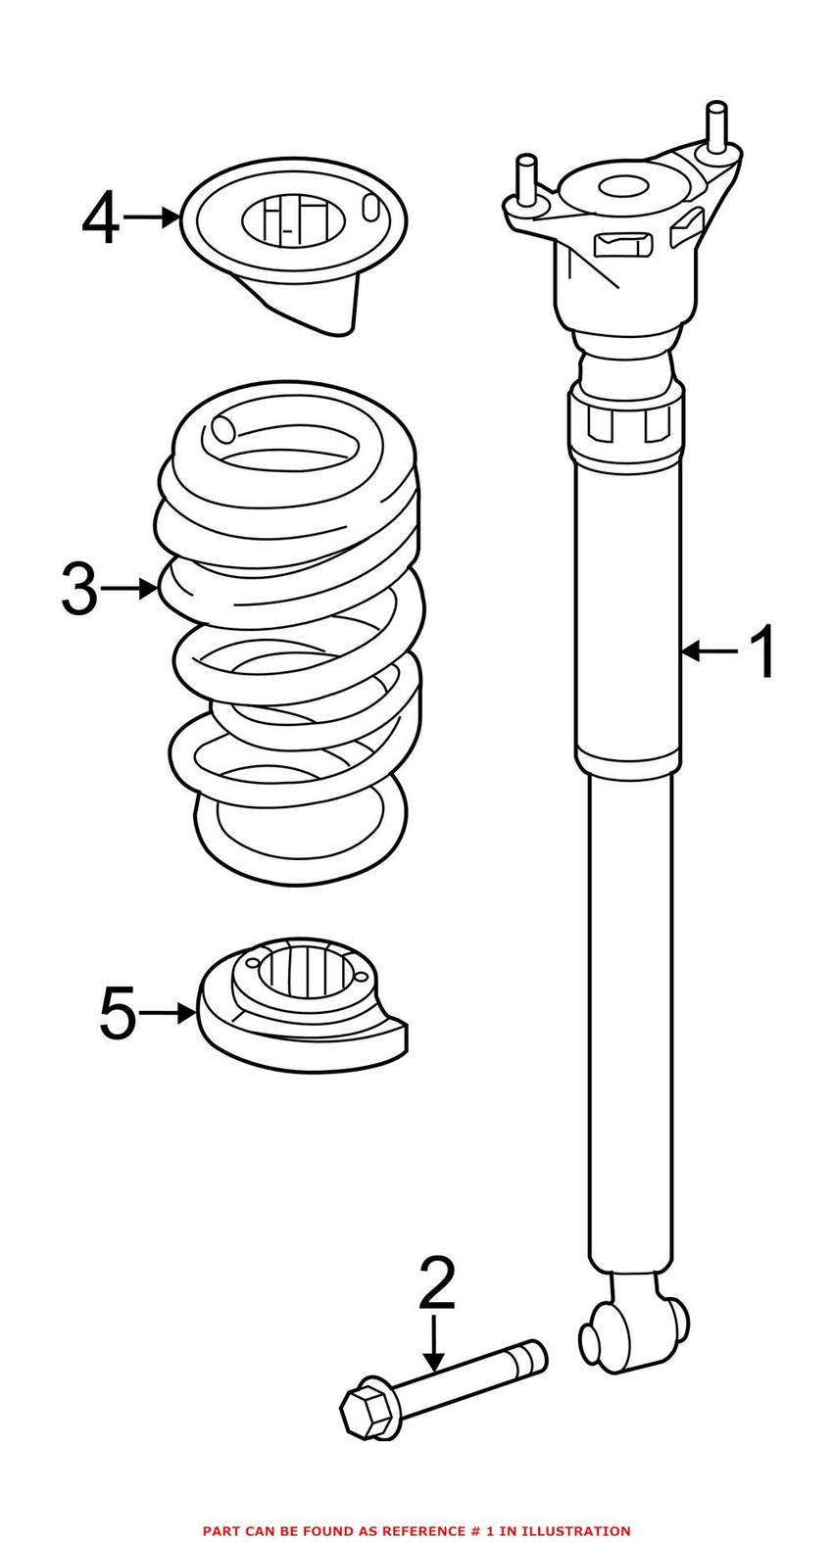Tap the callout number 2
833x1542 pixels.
tap(436, 1285)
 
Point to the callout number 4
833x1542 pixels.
tap(100, 217)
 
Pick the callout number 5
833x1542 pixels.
tap(118, 1013)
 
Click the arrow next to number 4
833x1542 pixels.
tap(152, 217)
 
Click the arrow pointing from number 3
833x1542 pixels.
tap(128, 589)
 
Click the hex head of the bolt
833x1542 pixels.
tap(366, 1409)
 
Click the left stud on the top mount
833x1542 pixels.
tap(526, 182)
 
